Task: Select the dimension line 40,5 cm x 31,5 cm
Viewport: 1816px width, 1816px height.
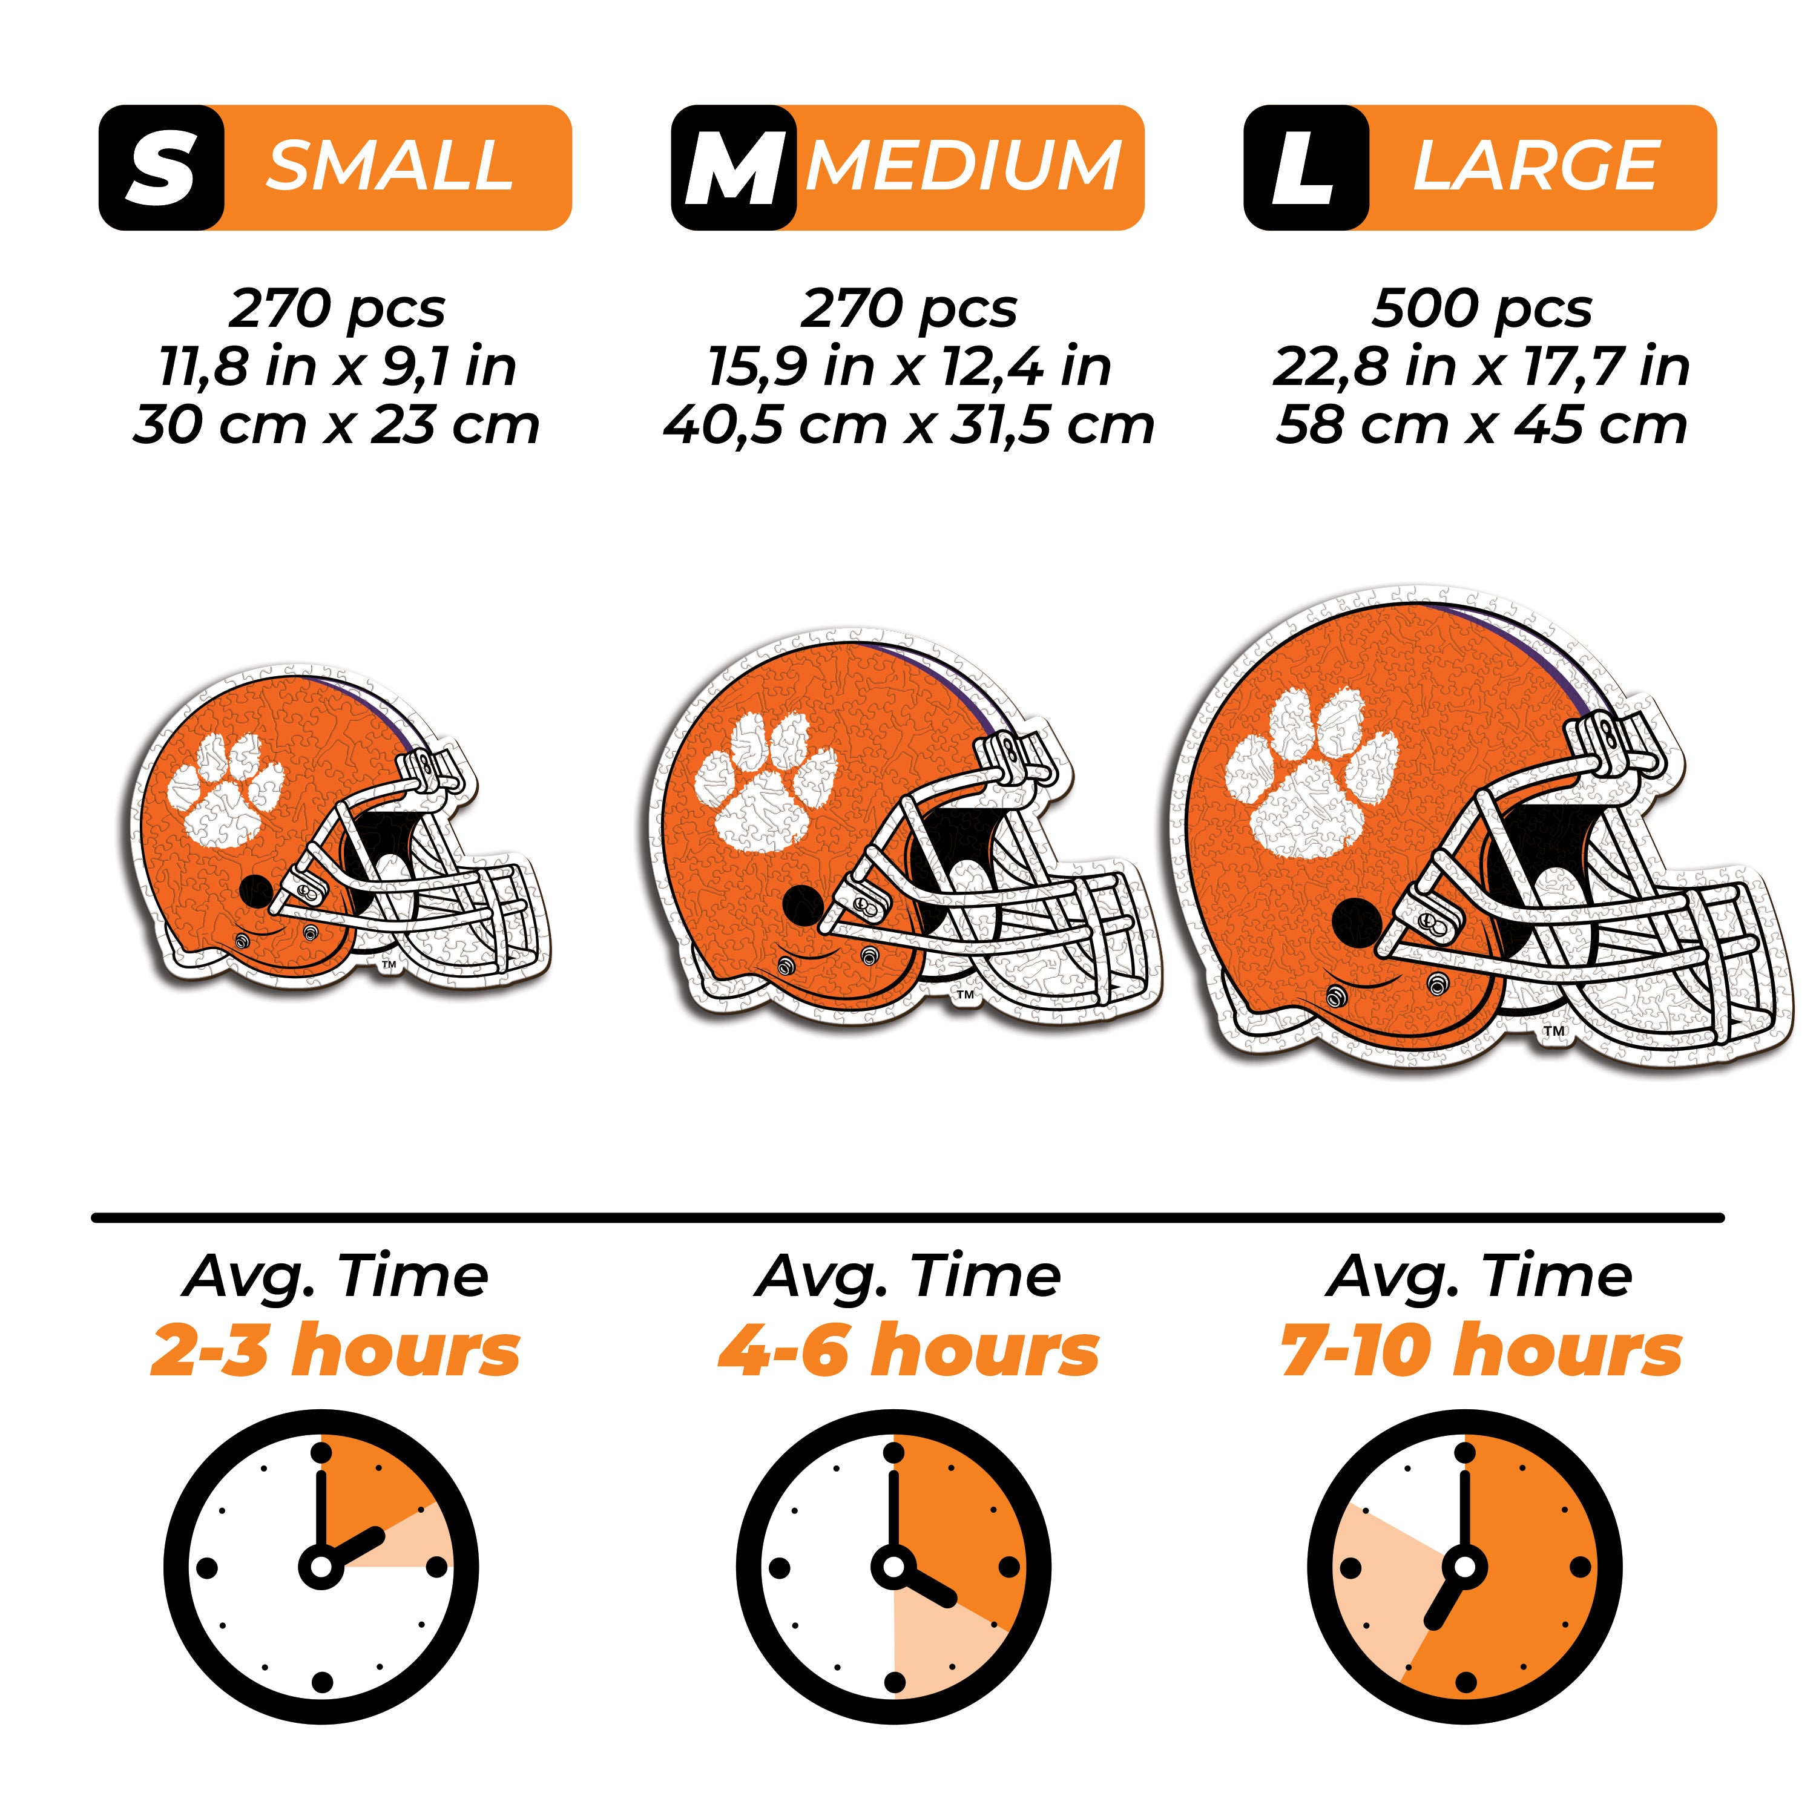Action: pyautogui.click(x=908, y=425)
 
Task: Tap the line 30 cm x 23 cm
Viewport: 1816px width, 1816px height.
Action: pyautogui.click(x=337, y=425)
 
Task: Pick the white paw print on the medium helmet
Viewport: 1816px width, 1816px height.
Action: pyautogui.click(x=763, y=782)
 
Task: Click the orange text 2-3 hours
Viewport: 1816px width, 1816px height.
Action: pyautogui.click(x=335, y=1352)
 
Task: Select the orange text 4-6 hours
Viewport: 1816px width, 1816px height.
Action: pyautogui.click(x=908, y=1352)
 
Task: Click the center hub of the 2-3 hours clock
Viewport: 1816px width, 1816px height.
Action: pyautogui.click(x=321, y=1567)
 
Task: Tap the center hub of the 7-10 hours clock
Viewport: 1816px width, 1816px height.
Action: pyautogui.click(x=1464, y=1567)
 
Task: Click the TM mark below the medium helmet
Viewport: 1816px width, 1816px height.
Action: pyautogui.click(x=964, y=995)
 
